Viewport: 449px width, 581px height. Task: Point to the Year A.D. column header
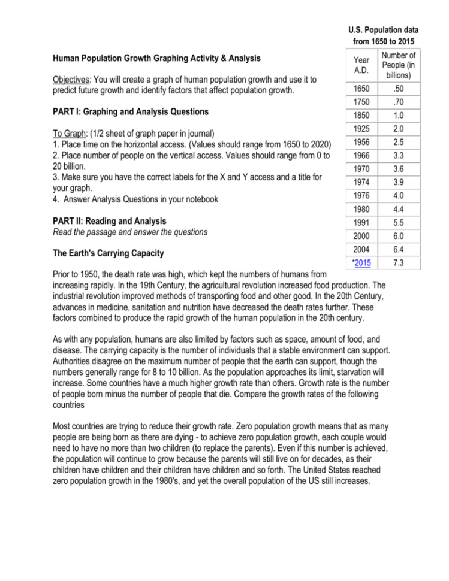[361, 64]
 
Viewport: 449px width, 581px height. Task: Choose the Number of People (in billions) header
[397, 64]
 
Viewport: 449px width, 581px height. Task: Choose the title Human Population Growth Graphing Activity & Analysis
[156, 58]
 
